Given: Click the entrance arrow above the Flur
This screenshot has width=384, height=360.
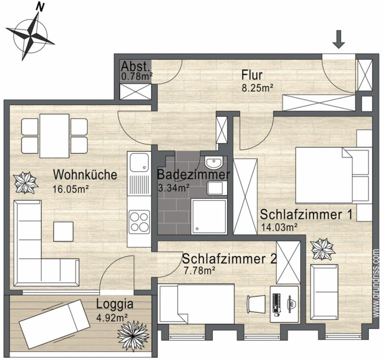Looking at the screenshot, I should [x=338, y=39].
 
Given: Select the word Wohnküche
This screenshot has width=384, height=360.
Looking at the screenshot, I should [x=85, y=175].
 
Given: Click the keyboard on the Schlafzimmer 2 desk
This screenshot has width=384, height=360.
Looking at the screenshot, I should [x=277, y=302].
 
